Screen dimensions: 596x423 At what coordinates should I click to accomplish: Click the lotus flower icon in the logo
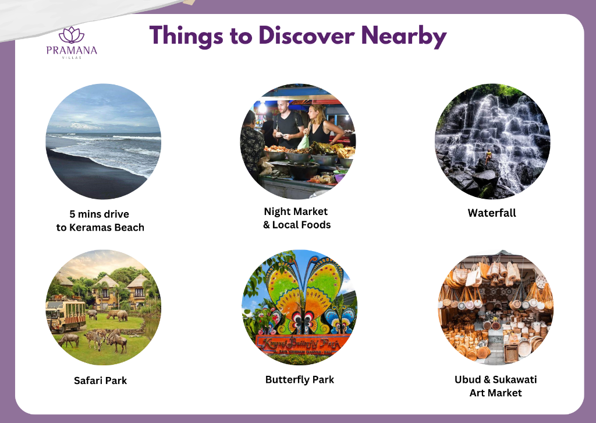72,35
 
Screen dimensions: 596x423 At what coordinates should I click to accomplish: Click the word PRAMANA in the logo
72,51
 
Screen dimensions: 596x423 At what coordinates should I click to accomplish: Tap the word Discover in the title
307,36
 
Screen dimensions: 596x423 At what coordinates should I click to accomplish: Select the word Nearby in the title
404,37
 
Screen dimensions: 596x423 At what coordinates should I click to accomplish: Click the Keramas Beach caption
100,221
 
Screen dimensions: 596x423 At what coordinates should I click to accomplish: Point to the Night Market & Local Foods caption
297,218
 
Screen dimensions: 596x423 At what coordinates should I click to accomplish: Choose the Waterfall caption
492,213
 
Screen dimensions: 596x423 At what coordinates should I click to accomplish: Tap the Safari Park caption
100,380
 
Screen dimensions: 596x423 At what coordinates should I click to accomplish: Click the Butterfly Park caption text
300,380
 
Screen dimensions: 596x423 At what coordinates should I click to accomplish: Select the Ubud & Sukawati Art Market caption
496,386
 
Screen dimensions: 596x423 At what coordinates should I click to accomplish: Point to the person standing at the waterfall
488,156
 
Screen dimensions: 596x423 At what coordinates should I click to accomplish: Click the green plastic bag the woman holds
303,142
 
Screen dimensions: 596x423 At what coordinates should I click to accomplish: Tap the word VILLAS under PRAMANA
72,58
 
